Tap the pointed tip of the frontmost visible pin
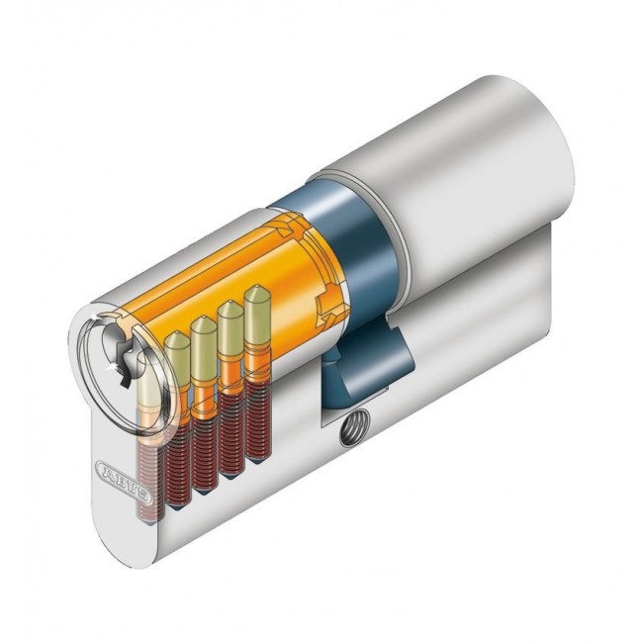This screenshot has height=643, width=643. pyautogui.click(x=179, y=341)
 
